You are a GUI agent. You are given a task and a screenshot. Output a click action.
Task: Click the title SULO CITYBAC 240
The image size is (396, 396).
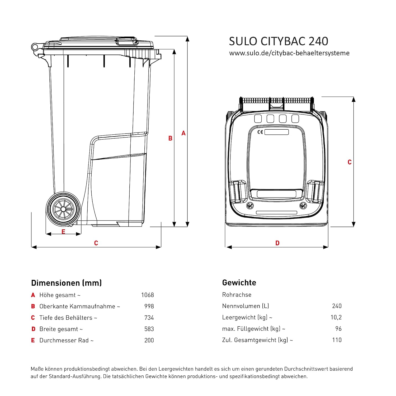279,41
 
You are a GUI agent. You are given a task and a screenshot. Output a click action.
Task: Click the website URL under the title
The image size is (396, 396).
289,53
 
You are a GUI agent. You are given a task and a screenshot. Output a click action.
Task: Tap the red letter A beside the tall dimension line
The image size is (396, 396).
183,133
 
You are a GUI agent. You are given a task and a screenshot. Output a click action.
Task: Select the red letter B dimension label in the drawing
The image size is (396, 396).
170,138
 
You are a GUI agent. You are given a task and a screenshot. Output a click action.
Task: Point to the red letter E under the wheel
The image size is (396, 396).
63,232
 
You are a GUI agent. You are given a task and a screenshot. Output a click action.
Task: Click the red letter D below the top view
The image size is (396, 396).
277,243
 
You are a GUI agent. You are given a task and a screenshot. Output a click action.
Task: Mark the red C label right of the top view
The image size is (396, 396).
350,162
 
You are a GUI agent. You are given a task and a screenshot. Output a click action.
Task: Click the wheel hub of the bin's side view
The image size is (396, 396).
63,209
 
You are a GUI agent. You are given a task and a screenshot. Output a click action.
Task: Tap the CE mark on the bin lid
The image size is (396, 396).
260,132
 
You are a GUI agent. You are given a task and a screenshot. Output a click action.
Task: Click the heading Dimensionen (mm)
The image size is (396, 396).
66,283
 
